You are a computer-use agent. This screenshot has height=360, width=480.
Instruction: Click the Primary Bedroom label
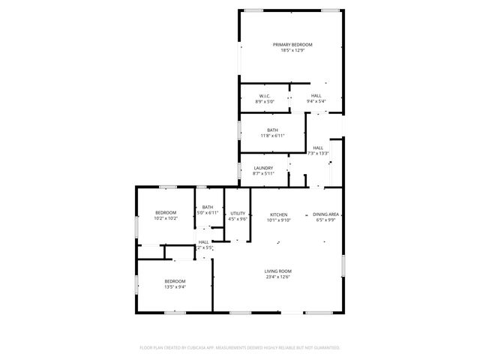point(292,45)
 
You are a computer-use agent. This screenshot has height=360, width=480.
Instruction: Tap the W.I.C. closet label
point(265,96)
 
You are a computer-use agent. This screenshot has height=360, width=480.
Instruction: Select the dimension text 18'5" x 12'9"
point(292,51)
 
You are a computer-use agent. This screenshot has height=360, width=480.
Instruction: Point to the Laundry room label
point(263,168)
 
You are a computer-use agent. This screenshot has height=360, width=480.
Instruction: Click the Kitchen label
point(279,214)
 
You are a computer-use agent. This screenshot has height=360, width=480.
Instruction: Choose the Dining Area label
point(326,214)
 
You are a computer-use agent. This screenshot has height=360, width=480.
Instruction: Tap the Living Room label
point(277,271)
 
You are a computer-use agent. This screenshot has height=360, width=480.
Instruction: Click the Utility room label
point(238,214)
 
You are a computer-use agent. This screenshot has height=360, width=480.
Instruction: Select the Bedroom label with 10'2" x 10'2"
point(166,213)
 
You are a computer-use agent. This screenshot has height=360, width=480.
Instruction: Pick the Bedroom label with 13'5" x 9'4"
point(175,281)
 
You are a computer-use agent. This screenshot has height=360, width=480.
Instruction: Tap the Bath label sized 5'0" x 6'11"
point(208,208)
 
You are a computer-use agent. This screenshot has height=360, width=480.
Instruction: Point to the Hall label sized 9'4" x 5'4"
point(316,96)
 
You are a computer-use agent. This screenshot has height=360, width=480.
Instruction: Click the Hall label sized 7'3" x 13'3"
point(318,148)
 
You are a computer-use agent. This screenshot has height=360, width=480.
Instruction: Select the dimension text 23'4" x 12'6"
point(277,277)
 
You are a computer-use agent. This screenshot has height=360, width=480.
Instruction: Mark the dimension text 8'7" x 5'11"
point(263,173)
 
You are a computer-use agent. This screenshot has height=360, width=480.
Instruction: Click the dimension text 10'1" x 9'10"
point(279,220)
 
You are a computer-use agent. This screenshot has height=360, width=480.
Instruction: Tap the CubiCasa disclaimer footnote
point(240,348)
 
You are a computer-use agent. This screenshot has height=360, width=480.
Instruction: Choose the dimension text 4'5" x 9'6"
point(238,220)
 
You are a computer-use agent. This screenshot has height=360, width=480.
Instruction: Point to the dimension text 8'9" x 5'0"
point(265,101)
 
